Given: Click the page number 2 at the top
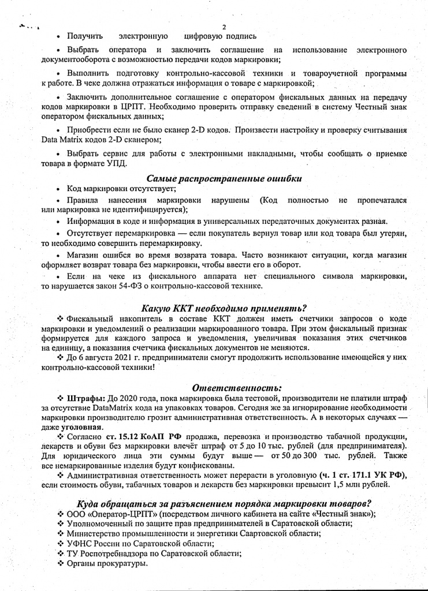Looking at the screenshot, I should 224,27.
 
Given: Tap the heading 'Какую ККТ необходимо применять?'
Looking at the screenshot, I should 224,307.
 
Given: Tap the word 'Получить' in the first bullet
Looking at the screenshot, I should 85,36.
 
